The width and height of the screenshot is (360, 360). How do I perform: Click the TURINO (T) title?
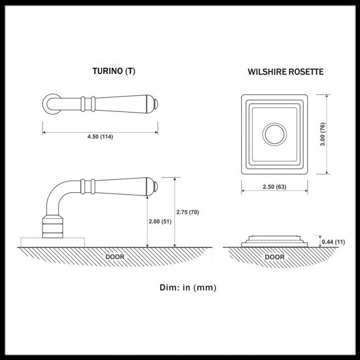click(x=114, y=71)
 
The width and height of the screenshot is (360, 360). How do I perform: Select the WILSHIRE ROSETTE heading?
click(x=285, y=72)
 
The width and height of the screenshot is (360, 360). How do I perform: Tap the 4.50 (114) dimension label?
click(x=100, y=137)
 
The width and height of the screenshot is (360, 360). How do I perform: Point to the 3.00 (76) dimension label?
click(x=323, y=135)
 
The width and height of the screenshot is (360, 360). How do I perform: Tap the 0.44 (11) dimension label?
click(x=334, y=242)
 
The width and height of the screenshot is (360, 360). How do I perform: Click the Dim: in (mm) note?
click(x=188, y=287)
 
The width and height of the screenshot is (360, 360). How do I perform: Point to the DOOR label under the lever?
click(x=115, y=257)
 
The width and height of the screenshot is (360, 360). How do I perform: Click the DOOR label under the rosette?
click(x=275, y=257)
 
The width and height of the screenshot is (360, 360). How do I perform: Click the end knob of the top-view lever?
click(x=156, y=104)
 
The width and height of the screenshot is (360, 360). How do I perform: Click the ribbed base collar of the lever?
click(x=53, y=227)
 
